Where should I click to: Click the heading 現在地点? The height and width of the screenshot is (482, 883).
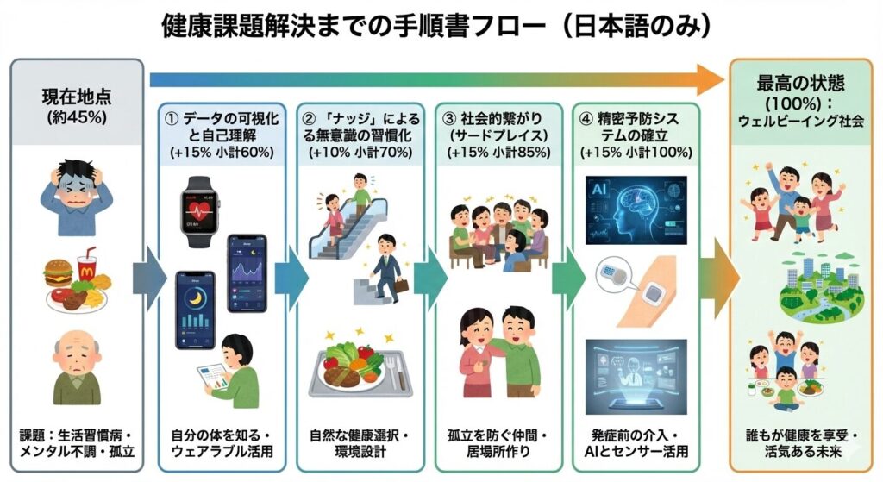pos(77,97)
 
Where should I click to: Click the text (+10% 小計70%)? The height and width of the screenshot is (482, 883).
pos(360,151)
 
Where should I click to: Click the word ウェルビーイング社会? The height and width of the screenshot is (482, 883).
pos(799,121)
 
